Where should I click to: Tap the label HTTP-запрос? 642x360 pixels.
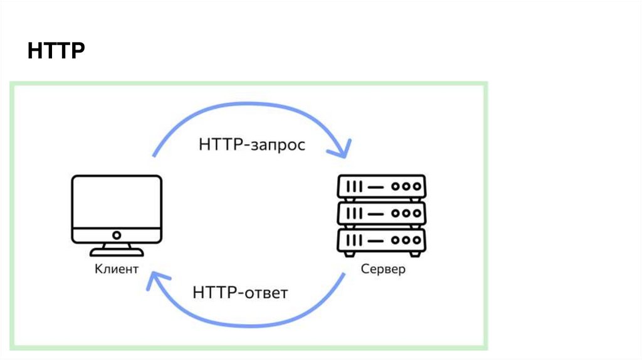point(252,145)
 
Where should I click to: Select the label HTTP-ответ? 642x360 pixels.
point(241,292)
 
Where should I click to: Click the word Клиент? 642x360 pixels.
point(117,270)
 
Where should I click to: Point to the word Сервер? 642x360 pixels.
point(383,270)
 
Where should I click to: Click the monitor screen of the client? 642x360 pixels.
point(117,202)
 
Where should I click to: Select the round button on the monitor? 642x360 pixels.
point(117,235)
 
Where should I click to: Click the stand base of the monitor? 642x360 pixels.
point(117,253)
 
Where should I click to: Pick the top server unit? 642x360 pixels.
point(381,186)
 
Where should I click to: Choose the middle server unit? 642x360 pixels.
point(381,213)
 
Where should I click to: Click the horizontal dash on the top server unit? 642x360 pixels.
point(375,187)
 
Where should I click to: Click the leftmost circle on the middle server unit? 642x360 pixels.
point(395,213)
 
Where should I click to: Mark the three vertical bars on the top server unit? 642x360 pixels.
point(354,187)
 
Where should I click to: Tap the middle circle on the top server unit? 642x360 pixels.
point(405,187)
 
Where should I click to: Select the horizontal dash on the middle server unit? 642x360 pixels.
point(375,213)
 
